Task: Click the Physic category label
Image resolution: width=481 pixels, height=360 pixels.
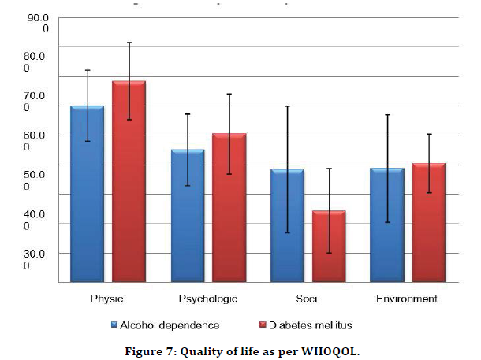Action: (107, 299)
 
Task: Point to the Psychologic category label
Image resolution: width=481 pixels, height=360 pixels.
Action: (208, 299)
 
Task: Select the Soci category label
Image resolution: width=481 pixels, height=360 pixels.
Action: (308, 299)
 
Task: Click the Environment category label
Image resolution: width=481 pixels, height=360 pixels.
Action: (407, 299)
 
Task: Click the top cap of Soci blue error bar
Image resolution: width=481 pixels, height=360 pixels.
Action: (287, 106)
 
